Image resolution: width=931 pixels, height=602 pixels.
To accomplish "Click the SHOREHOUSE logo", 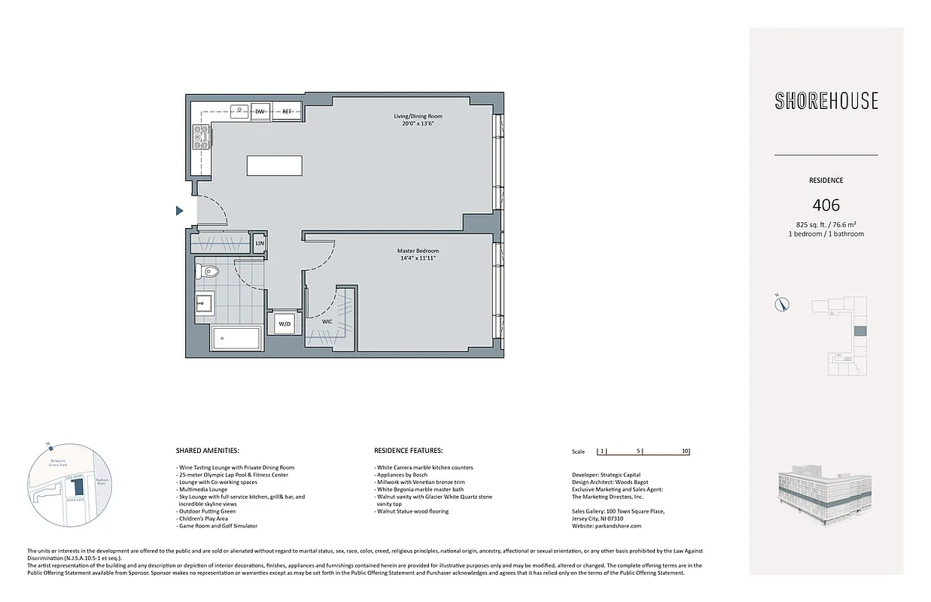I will pos(826,101).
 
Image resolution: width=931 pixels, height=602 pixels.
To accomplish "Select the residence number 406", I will pos(826,205).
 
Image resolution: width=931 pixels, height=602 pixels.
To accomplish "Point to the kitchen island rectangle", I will pos(275,166).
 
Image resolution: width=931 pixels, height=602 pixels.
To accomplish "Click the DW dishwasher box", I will pos(260,111).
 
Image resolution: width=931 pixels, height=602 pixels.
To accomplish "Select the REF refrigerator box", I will pos(287,111).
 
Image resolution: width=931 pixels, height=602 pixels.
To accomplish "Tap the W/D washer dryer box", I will pos(284,324).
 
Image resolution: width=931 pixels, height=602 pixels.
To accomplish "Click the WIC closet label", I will pos(327,321).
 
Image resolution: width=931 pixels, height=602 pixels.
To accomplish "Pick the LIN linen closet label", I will pos(259,244).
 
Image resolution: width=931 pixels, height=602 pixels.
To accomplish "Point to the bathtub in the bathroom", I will pos(236,339).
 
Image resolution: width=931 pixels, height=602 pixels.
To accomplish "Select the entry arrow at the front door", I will pos(180,211).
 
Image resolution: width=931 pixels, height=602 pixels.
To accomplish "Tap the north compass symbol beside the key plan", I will pos(783,303).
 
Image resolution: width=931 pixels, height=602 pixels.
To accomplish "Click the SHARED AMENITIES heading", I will pos(207,451).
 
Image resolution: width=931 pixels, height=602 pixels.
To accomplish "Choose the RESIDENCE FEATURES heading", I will pos(408,451).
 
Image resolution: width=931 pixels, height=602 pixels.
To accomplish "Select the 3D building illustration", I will pos(825,497).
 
